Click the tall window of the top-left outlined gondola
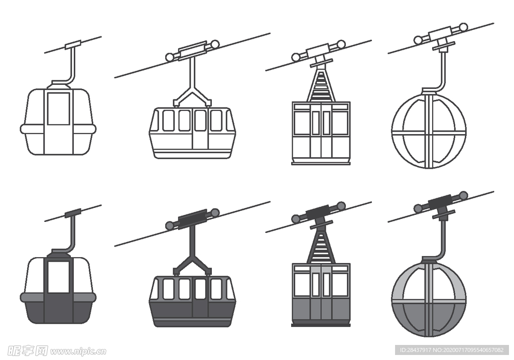pyautogui.click(x=58, y=108)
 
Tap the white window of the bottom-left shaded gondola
pyautogui.click(x=58, y=277)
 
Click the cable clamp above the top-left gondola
pyautogui.click(x=73, y=45)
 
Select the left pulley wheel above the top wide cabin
pyautogui.click(x=169, y=57)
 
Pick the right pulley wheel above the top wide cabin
pyautogui.click(x=215, y=44)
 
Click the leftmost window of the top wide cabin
pyautogui.click(x=168, y=121)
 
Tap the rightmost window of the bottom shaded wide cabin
pyautogui.click(x=216, y=289)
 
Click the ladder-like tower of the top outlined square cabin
pyautogui.click(x=321, y=84)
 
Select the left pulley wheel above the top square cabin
pyautogui.click(x=296, y=57)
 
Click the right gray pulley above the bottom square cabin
pyautogui.click(x=341, y=206)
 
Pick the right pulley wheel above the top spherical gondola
pyautogui.click(x=463, y=27)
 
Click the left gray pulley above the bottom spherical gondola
pyautogui.click(x=418, y=208)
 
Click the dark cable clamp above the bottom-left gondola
pyautogui.click(x=73, y=213)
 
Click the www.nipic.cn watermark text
pyautogui.click(x=78, y=351)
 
